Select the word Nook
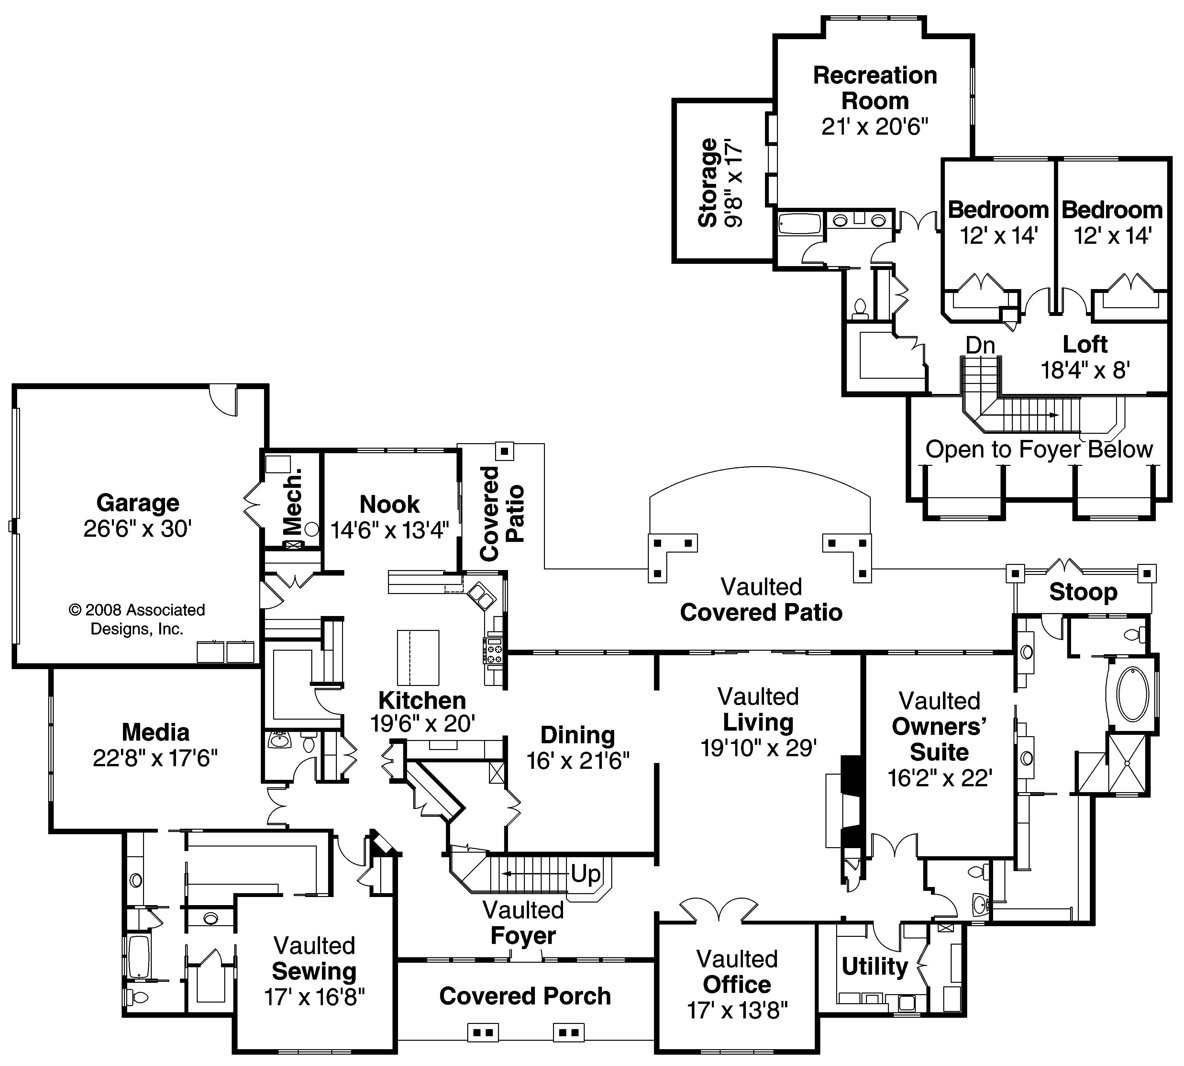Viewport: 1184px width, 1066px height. [389, 504]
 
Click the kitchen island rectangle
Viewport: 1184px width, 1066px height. [418, 657]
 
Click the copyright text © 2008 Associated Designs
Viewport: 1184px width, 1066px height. [137, 619]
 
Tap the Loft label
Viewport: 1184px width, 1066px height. [1085, 344]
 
